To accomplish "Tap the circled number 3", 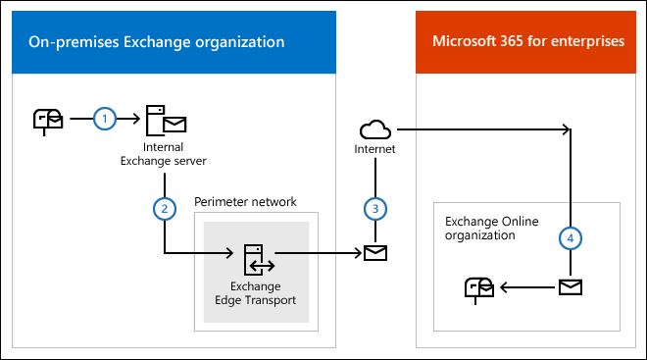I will click(x=374, y=208).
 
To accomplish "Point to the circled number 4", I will click(x=571, y=236).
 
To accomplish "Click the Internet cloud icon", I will click(x=374, y=129).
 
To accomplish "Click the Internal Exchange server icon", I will click(x=165, y=120).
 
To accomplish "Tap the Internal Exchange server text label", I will click(x=165, y=153).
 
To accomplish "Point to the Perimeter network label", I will click(x=245, y=202).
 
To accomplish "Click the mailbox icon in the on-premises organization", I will click(x=47, y=119).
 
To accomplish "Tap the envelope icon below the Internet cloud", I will click(x=374, y=253).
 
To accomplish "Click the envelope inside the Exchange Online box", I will click(x=571, y=286).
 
